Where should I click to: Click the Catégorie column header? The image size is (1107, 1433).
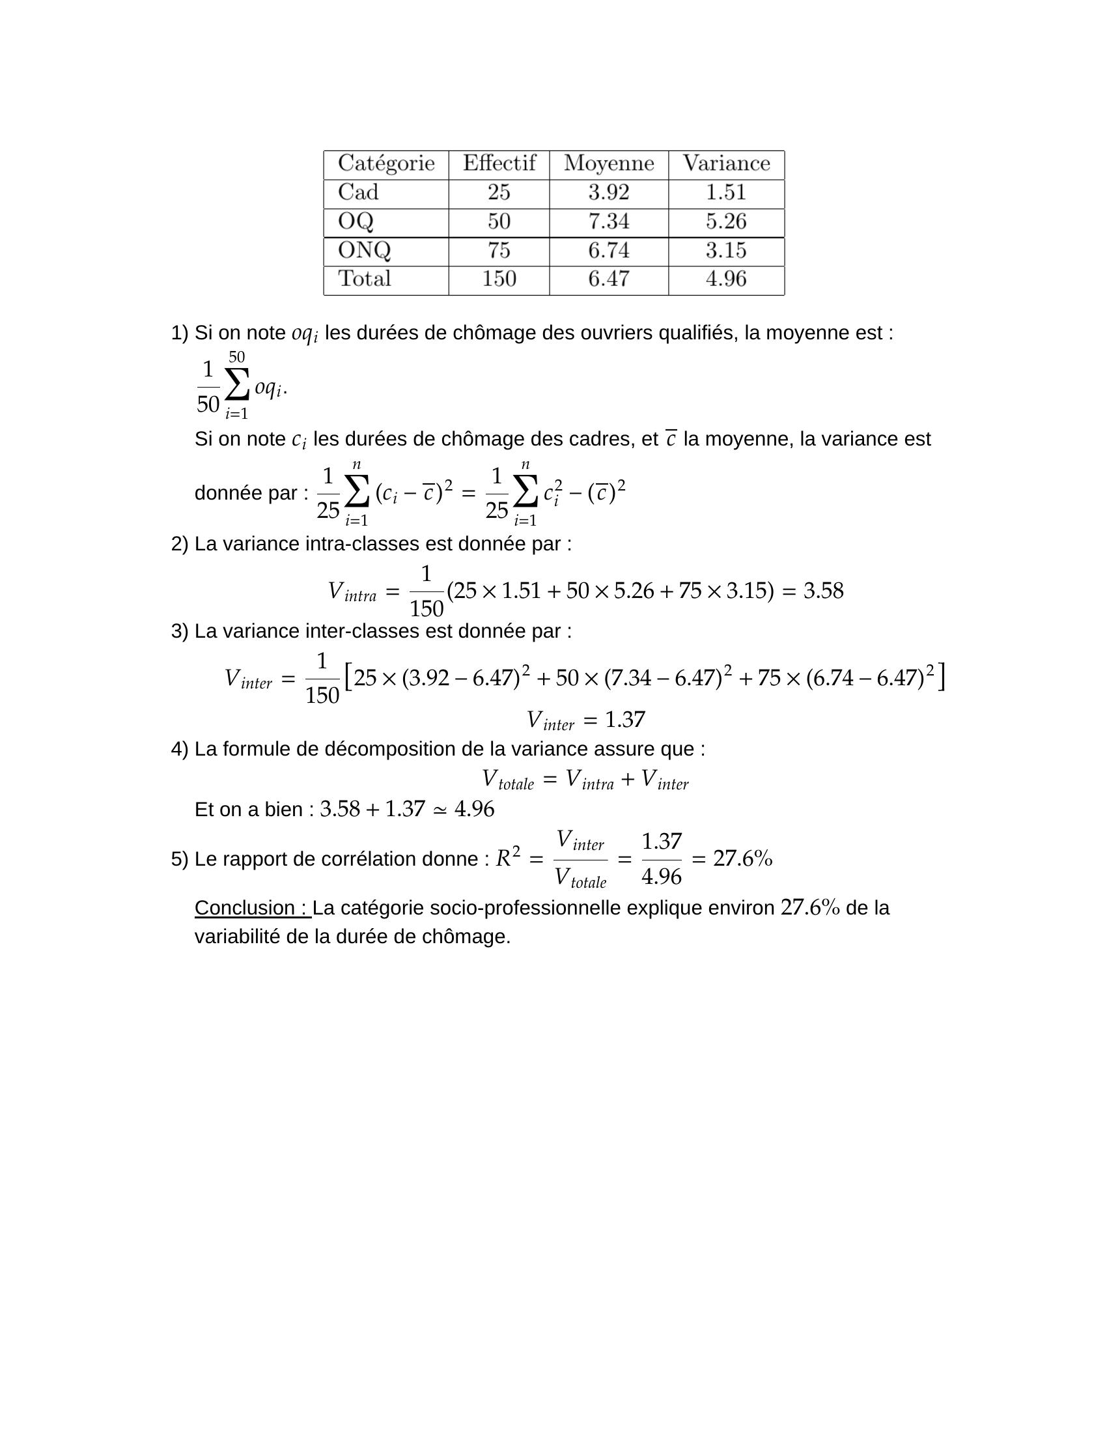[x=385, y=163]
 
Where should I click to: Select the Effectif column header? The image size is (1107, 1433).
[x=499, y=163]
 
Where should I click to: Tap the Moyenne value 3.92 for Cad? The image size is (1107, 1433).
[x=609, y=192]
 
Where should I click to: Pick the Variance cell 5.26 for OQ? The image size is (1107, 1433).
[x=726, y=221]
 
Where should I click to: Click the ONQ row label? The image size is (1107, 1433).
[x=364, y=250]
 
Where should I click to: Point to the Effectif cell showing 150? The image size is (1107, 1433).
[x=499, y=279]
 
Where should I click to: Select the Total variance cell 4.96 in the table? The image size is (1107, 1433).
[x=726, y=279]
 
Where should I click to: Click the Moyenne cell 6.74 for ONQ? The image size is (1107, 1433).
[x=609, y=250]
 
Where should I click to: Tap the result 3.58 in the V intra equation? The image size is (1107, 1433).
[x=823, y=591]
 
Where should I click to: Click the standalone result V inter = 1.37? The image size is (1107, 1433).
[x=585, y=720]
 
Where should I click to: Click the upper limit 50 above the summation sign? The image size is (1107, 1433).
[x=237, y=357]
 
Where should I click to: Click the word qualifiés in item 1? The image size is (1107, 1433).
[x=698, y=333]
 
